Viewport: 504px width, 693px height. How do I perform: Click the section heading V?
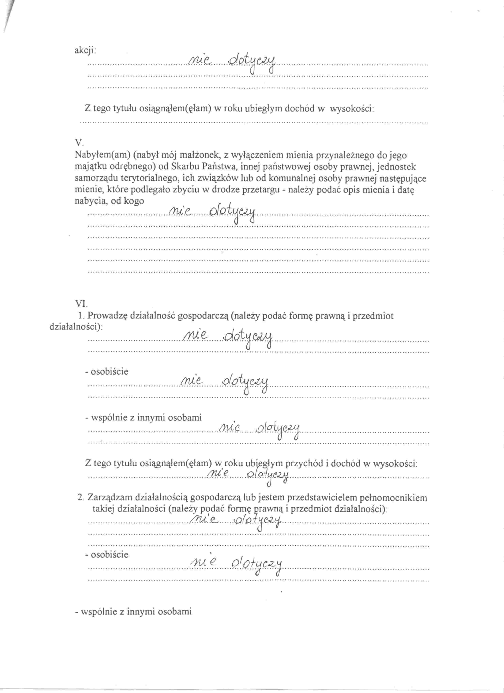[x=79, y=142]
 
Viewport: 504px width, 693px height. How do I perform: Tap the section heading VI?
[x=81, y=304]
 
